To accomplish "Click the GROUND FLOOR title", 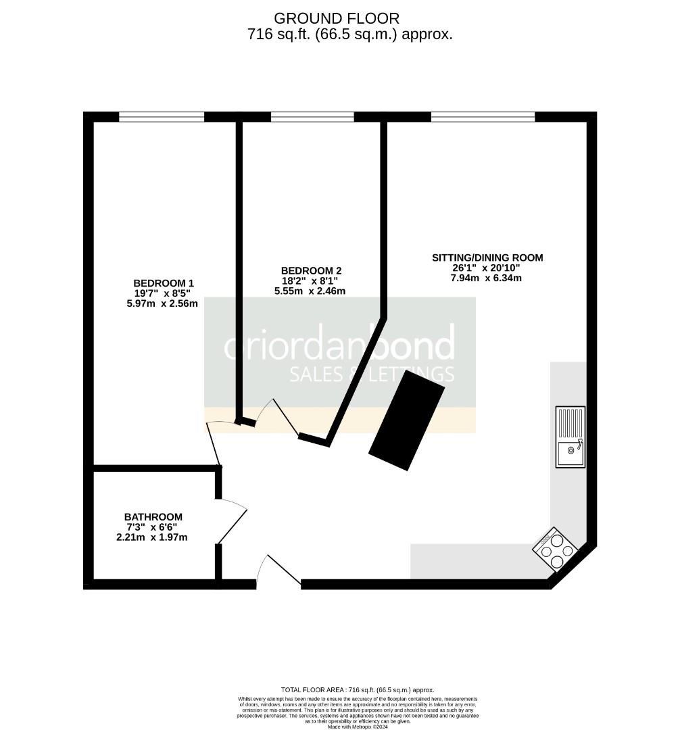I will [x=337, y=18].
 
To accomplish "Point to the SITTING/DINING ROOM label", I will [x=487, y=258].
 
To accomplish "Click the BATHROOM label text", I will [x=153, y=517].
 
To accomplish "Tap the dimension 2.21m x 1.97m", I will [x=152, y=537].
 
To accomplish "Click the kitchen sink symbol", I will [x=570, y=437].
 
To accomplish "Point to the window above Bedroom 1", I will [x=162, y=117].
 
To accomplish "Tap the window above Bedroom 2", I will [x=312, y=117].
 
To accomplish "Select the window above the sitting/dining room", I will [x=483, y=117].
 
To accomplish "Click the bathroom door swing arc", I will [x=233, y=520].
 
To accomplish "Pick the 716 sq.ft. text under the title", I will [x=349, y=34].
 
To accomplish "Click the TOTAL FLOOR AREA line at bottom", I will [x=357, y=689].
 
